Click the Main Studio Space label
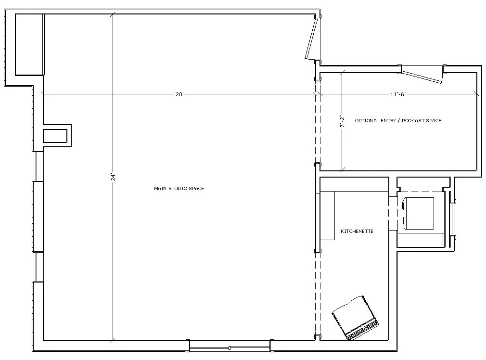pos(179,188)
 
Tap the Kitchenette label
pos(357,231)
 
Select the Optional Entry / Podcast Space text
pos(397,121)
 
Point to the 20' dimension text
pos(180,94)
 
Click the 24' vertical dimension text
pos(114,177)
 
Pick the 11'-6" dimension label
pos(398,94)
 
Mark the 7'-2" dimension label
pos(342,121)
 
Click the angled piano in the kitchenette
pos(356,318)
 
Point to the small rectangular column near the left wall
pos(55,136)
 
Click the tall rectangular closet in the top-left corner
pos(30,44)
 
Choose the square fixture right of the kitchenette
pos(418,214)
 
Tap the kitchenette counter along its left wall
pos(327,216)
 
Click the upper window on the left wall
pos(38,166)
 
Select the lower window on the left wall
pos(38,267)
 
